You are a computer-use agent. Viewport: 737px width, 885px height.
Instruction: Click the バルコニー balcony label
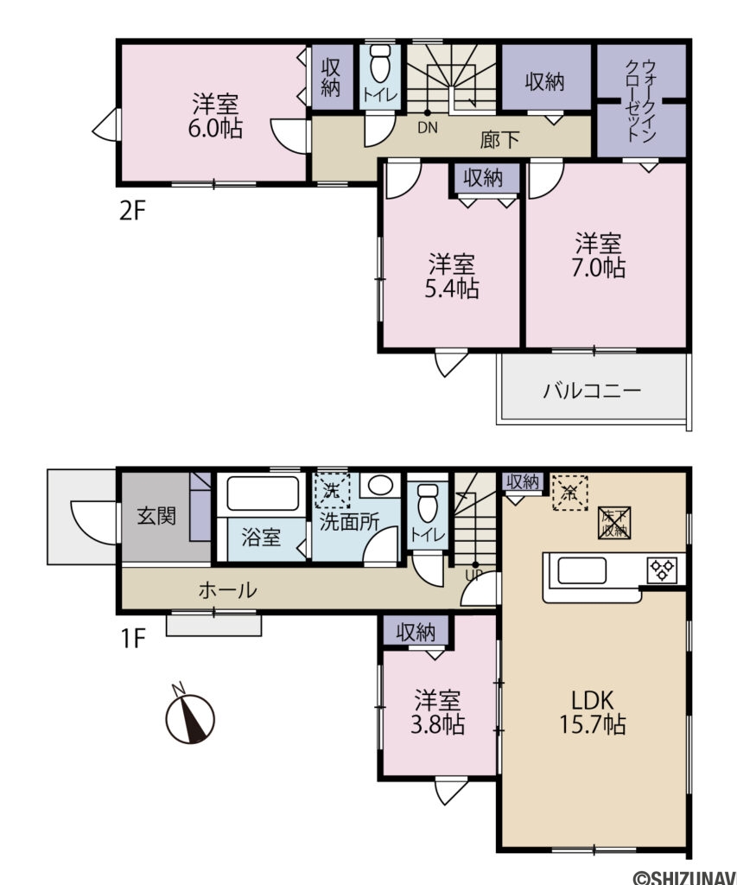pos(592,391)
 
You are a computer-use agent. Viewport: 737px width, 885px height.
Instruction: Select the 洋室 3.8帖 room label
pos(439,711)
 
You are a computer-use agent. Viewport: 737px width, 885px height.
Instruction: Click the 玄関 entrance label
pos(156,517)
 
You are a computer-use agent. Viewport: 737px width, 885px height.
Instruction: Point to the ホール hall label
pos(227,591)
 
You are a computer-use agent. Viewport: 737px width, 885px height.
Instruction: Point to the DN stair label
pos(427,129)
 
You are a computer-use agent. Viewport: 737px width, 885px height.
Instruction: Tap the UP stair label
pos(474,574)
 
